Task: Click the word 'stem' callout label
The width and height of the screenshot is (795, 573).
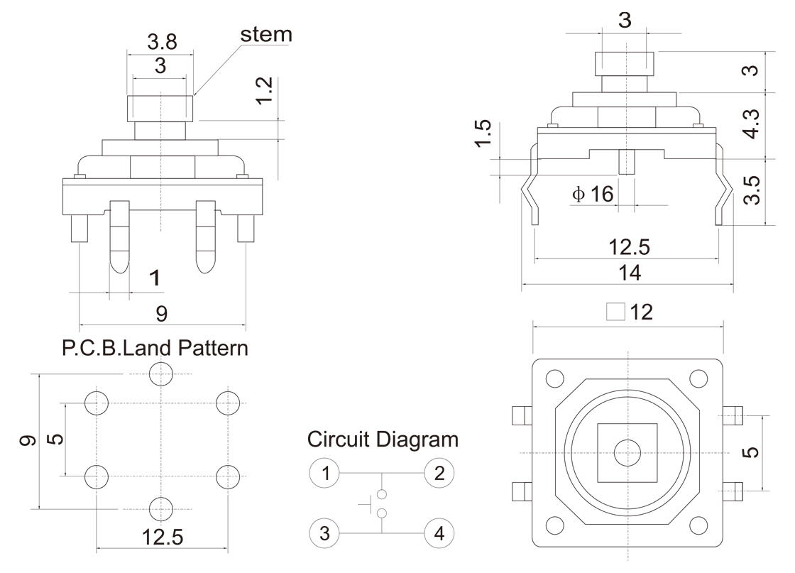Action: click(266, 34)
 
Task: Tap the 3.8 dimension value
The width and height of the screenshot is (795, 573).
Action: click(162, 42)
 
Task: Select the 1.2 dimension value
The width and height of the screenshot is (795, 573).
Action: click(264, 90)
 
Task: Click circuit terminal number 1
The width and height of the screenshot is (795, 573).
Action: click(325, 472)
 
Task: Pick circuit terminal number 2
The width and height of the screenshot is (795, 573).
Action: click(439, 472)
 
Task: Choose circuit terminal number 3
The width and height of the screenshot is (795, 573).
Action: click(325, 533)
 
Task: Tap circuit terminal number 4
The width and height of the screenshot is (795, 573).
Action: click(439, 533)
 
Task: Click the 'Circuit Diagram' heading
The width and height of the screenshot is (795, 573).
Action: click(383, 439)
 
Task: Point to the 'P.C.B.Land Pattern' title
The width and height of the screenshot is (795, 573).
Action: click(155, 348)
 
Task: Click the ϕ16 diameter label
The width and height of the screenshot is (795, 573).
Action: click(593, 193)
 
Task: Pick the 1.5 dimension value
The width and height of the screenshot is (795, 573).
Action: click(482, 136)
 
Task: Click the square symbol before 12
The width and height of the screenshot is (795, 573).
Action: click(616, 312)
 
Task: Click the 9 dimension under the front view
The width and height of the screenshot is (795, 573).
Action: click(162, 312)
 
